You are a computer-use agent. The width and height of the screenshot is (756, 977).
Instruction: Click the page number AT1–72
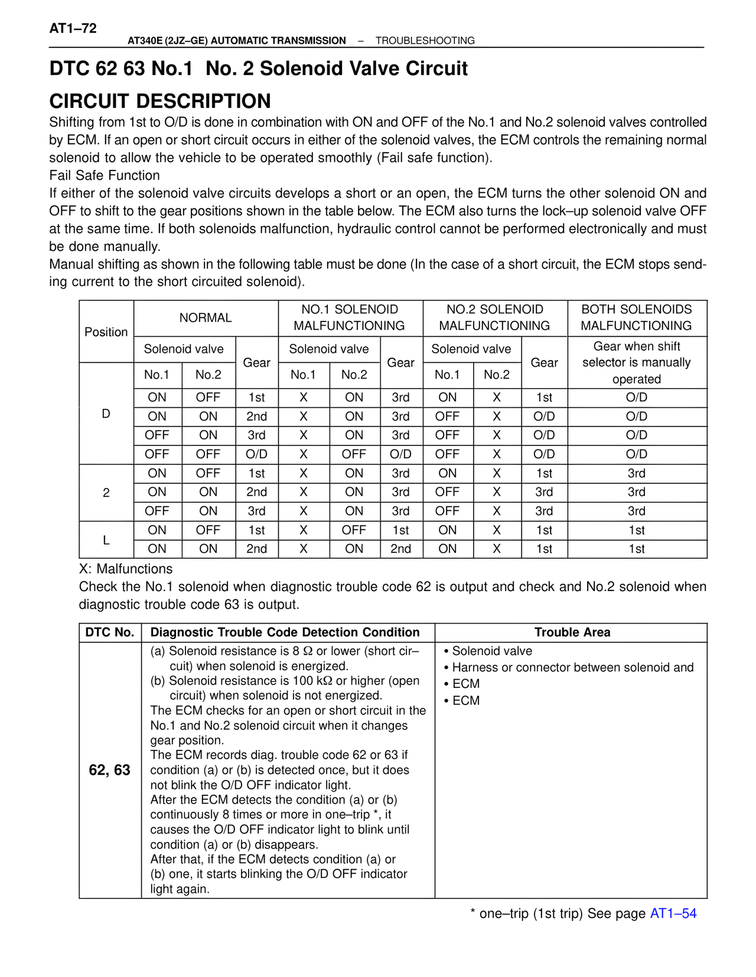(73, 28)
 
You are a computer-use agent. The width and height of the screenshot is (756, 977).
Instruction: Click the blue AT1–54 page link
(673, 913)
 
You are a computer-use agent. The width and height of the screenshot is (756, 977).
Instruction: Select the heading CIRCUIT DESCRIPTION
(160, 101)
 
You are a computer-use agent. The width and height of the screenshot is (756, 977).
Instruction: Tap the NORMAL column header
(206, 317)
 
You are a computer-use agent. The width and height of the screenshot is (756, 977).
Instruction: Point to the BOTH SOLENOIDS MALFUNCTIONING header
(636, 317)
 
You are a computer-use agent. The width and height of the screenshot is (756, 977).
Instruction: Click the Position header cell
(106, 332)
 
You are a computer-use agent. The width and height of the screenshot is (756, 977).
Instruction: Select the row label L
(106, 540)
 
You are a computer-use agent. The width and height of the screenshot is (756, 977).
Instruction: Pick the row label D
(106, 414)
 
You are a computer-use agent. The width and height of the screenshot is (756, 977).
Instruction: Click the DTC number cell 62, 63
(109, 770)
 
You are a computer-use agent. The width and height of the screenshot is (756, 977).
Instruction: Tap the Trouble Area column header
(572, 632)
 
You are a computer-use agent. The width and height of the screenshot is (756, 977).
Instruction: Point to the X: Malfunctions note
(126, 569)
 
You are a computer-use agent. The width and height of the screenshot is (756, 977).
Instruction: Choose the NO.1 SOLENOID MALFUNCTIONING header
(349, 317)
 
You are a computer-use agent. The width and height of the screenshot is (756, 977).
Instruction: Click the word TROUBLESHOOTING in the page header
(425, 41)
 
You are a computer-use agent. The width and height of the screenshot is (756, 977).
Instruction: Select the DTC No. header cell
(109, 632)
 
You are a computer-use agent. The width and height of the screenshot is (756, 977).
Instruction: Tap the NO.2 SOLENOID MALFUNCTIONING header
(494, 317)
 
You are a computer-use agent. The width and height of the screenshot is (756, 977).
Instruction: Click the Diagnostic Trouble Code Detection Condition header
(285, 632)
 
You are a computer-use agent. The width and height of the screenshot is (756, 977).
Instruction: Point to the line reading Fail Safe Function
(105, 175)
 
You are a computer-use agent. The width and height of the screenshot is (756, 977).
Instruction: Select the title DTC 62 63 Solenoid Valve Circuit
(258, 68)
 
